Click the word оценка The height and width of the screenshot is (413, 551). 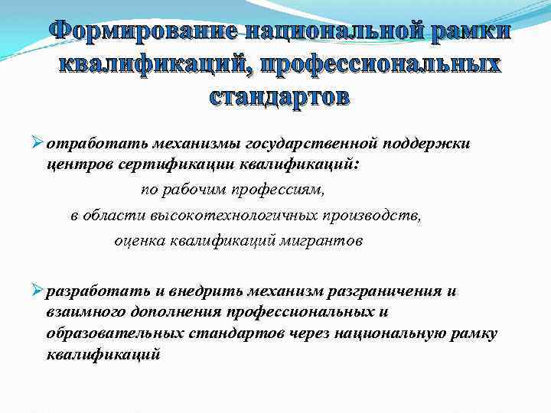click(x=139, y=241)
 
